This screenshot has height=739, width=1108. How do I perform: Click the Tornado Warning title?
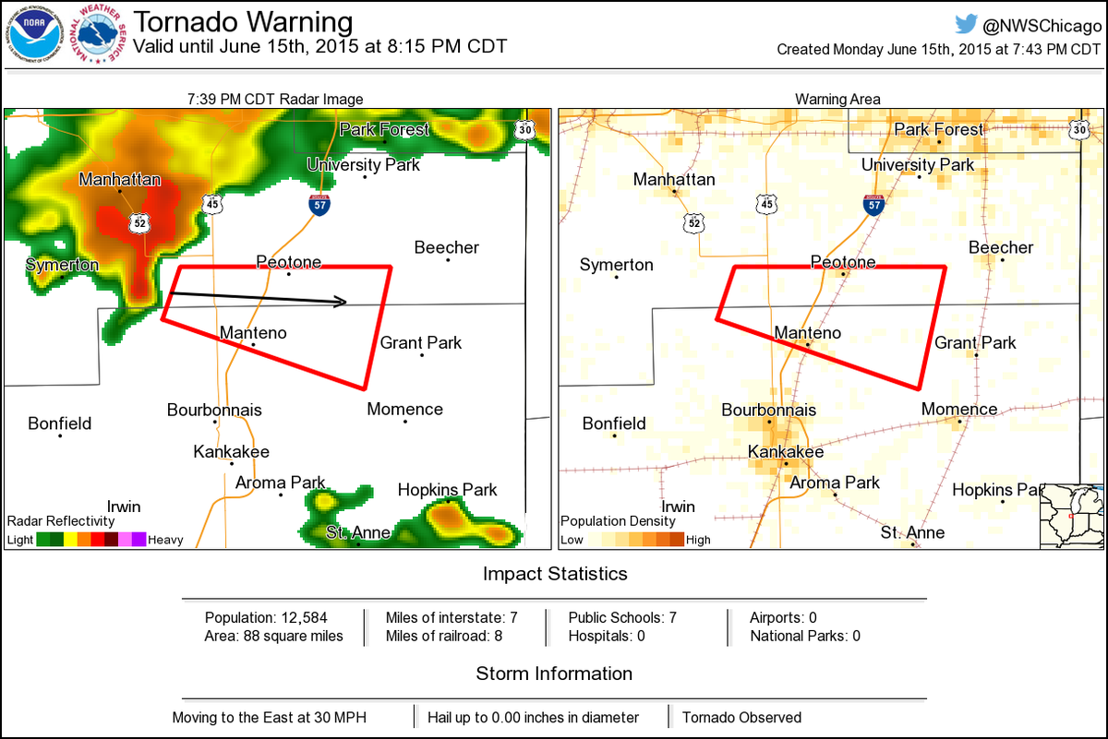(x=243, y=21)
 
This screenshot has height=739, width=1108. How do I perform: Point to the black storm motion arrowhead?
(x=342, y=301)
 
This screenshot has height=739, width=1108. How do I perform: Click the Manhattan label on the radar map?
(x=120, y=180)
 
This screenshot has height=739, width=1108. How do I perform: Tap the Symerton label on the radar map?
(x=62, y=265)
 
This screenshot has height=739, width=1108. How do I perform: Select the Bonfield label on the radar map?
(x=59, y=423)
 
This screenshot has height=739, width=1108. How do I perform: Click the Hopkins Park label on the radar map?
(x=447, y=490)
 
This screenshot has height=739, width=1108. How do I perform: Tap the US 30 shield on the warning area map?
(x=1079, y=130)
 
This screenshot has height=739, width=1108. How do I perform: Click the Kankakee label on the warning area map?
(x=785, y=452)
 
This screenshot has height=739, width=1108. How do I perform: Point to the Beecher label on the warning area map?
(x=1001, y=247)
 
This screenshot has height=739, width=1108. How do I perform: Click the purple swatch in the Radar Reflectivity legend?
(x=138, y=540)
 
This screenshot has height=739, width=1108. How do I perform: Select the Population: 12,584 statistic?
(x=266, y=617)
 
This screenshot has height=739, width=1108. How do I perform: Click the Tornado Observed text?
(x=741, y=717)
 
